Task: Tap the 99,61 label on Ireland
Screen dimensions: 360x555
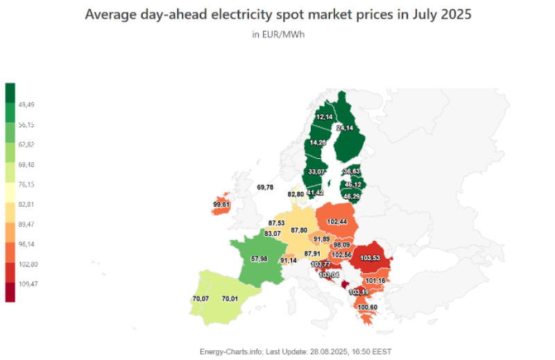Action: tap(222, 205)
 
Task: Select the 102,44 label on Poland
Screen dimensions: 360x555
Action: tap(336, 221)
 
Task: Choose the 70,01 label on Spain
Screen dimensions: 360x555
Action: tap(230, 299)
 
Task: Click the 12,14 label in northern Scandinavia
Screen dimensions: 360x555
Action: tap(324, 118)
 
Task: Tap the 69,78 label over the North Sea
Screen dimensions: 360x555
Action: tap(265, 187)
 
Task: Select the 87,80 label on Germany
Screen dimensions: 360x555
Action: tap(300, 230)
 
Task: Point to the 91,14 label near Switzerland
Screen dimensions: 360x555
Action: tap(289, 260)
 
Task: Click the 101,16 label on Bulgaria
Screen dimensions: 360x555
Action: tap(375, 281)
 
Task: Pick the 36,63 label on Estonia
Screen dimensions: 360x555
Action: tap(352, 171)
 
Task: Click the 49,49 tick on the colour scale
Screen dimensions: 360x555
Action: tap(27, 105)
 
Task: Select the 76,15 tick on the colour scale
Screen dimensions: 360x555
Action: tap(27, 185)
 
